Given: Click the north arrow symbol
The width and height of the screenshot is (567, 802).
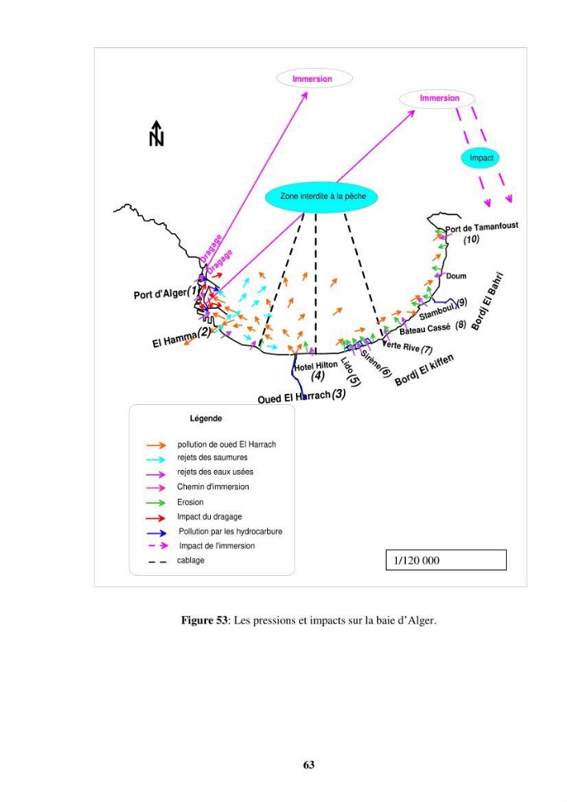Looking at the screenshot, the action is pyautogui.click(x=156, y=133).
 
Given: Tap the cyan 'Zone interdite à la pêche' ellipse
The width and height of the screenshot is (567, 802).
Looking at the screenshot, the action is pyautogui.click(x=322, y=197).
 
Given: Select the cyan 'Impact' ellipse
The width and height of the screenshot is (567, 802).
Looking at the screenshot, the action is pyautogui.click(x=480, y=158).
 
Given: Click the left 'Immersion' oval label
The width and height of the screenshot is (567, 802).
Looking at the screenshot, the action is pyautogui.click(x=314, y=79).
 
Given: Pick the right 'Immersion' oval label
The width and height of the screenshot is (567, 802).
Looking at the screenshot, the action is pyautogui.click(x=437, y=98).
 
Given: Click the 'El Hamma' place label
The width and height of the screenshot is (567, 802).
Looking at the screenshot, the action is pyautogui.click(x=175, y=338).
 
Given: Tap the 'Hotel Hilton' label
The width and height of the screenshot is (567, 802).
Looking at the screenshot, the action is pyautogui.click(x=316, y=367).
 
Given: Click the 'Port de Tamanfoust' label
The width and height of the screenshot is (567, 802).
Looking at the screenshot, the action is pyautogui.click(x=482, y=227).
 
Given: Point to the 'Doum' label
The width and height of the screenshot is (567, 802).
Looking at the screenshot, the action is pyautogui.click(x=456, y=276).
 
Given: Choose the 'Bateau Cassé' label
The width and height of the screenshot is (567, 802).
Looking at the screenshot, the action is pyautogui.click(x=425, y=329).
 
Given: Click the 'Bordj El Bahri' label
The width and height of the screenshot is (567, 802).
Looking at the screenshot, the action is pyautogui.click(x=488, y=301).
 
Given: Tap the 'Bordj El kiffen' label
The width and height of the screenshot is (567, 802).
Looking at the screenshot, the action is pyautogui.click(x=423, y=371).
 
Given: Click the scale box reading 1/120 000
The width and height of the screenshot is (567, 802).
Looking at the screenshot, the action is pyautogui.click(x=446, y=560).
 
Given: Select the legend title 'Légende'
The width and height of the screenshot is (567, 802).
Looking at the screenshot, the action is pyautogui.click(x=206, y=419).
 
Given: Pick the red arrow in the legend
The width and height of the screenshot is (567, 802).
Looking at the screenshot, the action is pyautogui.click(x=156, y=517).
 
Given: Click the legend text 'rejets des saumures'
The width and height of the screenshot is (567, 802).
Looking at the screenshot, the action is pyautogui.click(x=213, y=457).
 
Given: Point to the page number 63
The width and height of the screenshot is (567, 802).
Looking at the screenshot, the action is pyautogui.click(x=309, y=764).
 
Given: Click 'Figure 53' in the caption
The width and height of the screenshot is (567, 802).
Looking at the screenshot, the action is pyautogui.click(x=204, y=621).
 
